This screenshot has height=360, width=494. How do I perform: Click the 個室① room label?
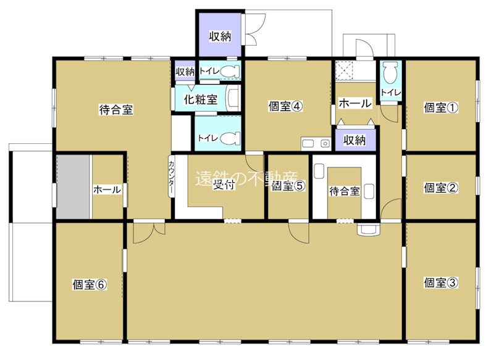tap(441, 107)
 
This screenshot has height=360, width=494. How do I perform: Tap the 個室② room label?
tap(441, 188)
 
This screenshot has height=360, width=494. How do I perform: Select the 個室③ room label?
tap(441, 283)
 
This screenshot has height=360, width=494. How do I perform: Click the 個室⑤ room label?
tap(288, 185)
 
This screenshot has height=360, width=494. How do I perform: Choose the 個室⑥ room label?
tap(90, 285)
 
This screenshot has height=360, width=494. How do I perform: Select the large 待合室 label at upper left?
tap(116, 111)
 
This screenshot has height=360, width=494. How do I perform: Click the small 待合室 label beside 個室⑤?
tap(344, 191)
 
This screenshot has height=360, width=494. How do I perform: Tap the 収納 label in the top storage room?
tap(219, 36)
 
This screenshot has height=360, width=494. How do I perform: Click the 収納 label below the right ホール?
tap(354, 140)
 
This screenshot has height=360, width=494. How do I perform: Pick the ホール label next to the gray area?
tap(107, 190)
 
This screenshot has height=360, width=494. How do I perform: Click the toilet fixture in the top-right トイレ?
tap(390, 73)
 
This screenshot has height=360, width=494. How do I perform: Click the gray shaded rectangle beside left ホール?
tap(73, 186)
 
